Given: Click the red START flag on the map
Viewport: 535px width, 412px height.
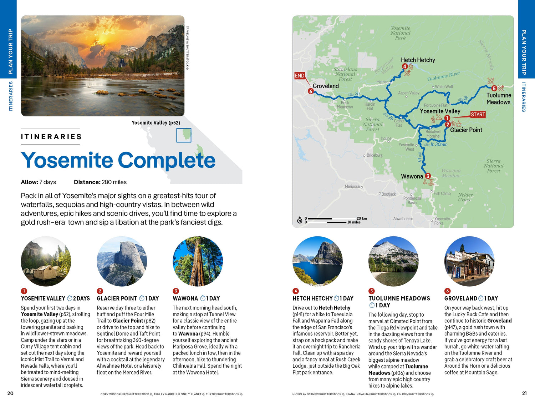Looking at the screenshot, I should pyautogui.click(x=478, y=114).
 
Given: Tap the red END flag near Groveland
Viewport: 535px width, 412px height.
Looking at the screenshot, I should pyautogui.click(x=300, y=76).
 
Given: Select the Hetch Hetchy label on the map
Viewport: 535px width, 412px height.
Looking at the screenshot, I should pyautogui.click(x=418, y=60).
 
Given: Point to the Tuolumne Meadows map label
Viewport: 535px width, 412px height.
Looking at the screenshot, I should pyautogui.click(x=499, y=99).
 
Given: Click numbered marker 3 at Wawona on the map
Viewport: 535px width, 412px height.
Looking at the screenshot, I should pyautogui.click(x=428, y=176).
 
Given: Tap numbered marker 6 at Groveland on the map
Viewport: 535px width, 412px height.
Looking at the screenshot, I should pyautogui.click(x=311, y=91).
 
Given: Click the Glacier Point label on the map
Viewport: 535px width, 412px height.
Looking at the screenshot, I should pyautogui.click(x=466, y=130).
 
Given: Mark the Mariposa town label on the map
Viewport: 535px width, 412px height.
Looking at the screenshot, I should pyautogui.click(x=352, y=186).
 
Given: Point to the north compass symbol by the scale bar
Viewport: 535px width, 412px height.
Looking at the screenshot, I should pyautogui.click(x=300, y=220).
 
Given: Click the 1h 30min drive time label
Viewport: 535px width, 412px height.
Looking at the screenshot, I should pyautogui.click(x=438, y=144).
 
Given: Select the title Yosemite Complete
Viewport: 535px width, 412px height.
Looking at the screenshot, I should pyautogui.click(x=118, y=160).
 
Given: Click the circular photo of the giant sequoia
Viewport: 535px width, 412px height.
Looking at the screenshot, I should pyautogui.click(x=198, y=261).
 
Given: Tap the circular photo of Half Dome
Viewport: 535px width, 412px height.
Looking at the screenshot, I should pyautogui.click(x=122, y=261).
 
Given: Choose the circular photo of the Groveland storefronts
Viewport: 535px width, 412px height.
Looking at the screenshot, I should pyautogui.click(x=469, y=261).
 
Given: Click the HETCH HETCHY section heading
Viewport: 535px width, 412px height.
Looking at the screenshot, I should pyautogui.click(x=312, y=298).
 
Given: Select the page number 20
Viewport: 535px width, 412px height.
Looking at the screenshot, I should pyautogui.click(x=10, y=393).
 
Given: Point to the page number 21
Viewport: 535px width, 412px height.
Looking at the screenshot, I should pyautogui.click(x=524, y=393).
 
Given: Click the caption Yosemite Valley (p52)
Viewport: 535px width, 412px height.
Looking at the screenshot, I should pyautogui.click(x=156, y=123).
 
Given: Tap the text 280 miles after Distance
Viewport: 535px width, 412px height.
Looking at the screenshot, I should pyautogui.click(x=114, y=182).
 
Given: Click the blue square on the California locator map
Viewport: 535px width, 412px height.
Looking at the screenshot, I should pyautogui.click(x=184, y=135).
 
